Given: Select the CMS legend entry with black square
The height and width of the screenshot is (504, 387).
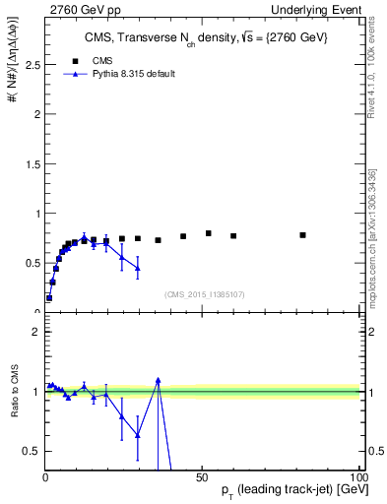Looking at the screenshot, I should click(x=90, y=60).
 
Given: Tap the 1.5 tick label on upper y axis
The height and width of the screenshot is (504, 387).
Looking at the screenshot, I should click(x=32, y=163).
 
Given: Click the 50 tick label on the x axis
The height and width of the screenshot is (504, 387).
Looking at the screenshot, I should click(x=201, y=477).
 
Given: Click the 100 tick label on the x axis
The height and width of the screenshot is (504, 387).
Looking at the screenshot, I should click(x=355, y=477).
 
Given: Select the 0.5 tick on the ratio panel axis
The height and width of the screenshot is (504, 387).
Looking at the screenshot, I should click(x=32, y=451).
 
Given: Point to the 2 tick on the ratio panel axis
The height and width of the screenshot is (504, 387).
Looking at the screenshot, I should click(x=35, y=332).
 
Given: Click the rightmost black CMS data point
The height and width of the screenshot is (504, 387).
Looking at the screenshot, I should click(x=302, y=235).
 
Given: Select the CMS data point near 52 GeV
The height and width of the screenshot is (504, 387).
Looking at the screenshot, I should click(x=208, y=233).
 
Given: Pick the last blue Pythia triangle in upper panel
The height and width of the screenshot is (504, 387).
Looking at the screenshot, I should click(x=138, y=268).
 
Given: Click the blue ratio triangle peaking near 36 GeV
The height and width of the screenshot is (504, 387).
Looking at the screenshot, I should click(x=158, y=380).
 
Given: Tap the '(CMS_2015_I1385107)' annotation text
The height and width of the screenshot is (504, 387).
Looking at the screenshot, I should click(x=204, y=293).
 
